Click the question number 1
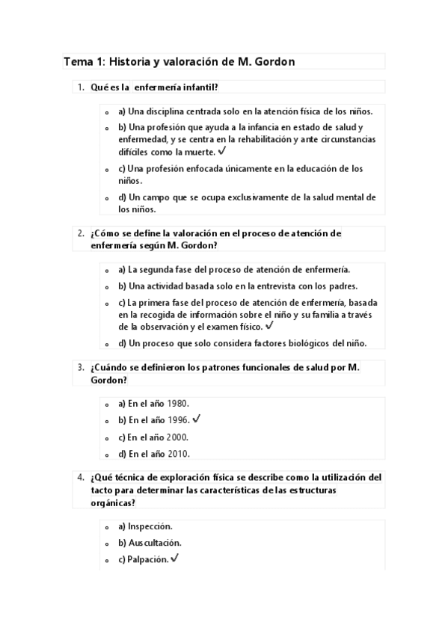(x=80, y=87)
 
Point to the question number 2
(x=80, y=233)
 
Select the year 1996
(x=177, y=419)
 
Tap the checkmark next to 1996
(x=197, y=418)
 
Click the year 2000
(x=177, y=437)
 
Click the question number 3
(x=80, y=367)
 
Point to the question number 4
(x=80, y=477)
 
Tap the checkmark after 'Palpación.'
(x=174, y=558)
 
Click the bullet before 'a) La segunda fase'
(x=108, y=271)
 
